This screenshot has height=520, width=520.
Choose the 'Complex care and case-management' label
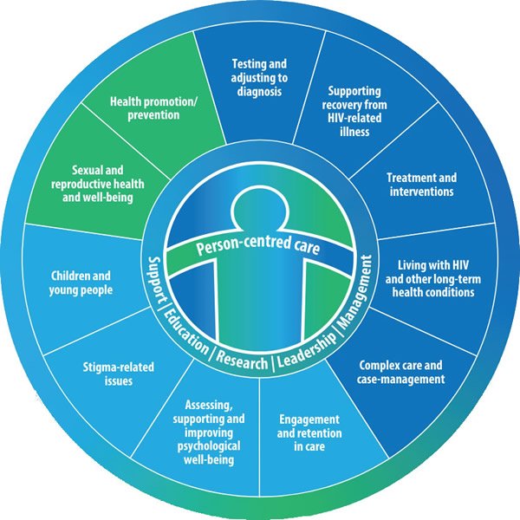pos(401,372)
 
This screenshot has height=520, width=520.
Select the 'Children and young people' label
pos(81,283)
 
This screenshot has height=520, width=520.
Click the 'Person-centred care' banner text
pos(258,249)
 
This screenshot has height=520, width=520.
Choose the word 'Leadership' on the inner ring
pos(304,349)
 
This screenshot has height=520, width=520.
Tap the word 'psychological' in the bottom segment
pos(216,445)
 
